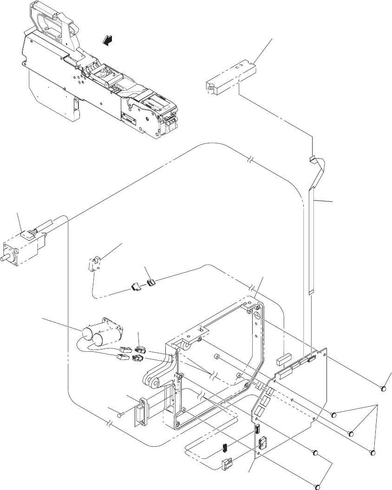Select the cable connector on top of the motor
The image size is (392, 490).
(29, 235)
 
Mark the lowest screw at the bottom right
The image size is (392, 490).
(318, 486)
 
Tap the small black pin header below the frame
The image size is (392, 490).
(224, 448)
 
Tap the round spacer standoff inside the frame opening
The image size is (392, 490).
(216, 357)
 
